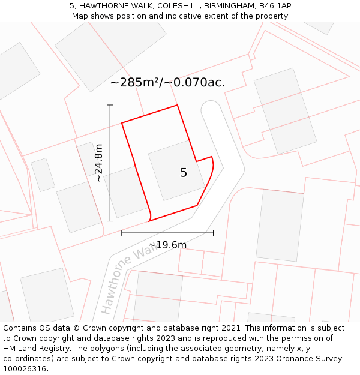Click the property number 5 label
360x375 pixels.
[184, 173]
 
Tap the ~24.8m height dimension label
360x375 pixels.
[99, 163]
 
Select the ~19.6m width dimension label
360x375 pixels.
[167, 245]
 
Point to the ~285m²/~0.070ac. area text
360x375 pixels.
[167, 83]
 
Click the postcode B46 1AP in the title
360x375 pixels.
[275, 6]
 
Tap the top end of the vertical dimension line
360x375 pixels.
[110, 105]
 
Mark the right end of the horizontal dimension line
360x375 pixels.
[213, 233]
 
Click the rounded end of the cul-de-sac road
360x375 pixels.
[211, 109]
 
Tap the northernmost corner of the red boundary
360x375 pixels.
[178, 106]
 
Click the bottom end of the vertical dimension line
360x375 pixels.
[110, 221]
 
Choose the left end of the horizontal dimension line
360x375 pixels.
[122, 233]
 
